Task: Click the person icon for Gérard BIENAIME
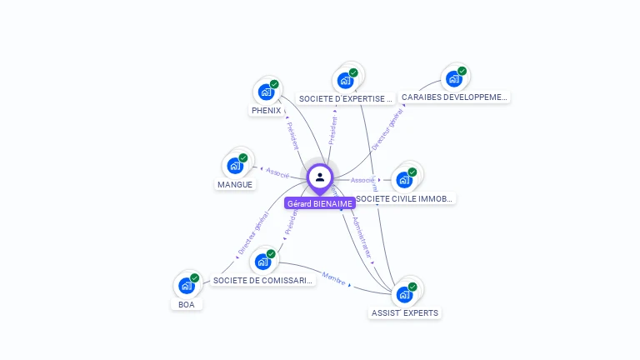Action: click(320, 177)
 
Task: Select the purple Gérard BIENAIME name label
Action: click(320, 203)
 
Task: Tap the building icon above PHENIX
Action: click(266, 92)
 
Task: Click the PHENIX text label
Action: click(266, 111)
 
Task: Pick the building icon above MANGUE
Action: click(235, 165)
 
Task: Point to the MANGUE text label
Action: click(235, 184)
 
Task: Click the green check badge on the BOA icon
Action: click(195, 278)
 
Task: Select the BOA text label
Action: click(186, 304)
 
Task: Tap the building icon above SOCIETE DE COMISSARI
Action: click(263, 262)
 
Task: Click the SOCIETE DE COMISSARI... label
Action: click(263, 281)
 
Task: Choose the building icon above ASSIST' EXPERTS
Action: click(404, 294)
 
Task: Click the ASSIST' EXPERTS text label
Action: click(405, 313)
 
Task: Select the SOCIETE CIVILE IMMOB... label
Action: click(405, 199)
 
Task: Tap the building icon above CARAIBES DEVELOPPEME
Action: click(454, 78)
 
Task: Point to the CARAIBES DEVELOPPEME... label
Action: click(454, 97)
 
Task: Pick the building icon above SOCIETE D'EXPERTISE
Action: click(345, 81)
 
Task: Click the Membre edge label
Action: click(333, 278)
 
